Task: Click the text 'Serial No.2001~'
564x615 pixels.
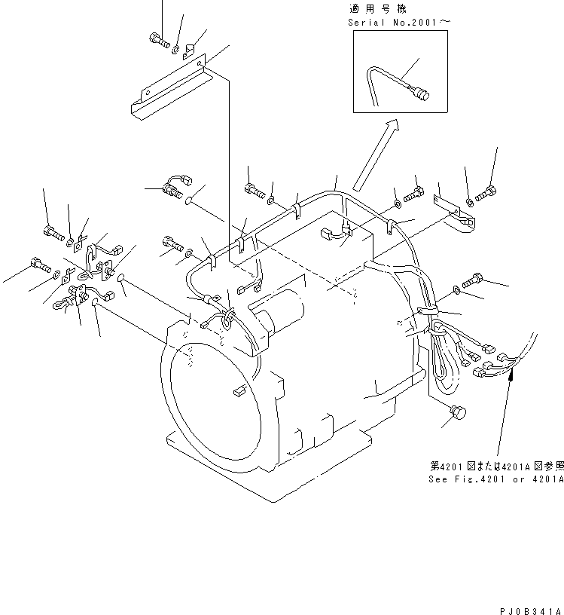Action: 398,23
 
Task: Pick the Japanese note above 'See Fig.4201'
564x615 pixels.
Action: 494,467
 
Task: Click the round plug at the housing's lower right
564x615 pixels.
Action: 456,415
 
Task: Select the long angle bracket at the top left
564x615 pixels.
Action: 170,87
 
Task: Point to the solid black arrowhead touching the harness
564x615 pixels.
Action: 511,375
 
